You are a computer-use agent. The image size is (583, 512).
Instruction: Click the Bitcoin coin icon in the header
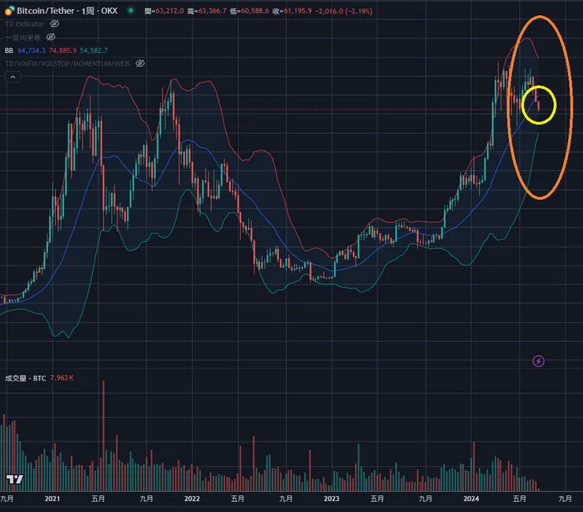point(9,12)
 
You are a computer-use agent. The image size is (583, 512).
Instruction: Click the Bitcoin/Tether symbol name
point(46,12)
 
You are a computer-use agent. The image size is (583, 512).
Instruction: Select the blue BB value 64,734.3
point(34,50)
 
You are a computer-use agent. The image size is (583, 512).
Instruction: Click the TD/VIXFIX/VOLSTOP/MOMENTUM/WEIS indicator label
point(68,63)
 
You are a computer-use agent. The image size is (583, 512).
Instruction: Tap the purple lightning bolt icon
point(539,361)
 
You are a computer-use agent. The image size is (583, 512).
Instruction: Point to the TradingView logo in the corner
point(14,479)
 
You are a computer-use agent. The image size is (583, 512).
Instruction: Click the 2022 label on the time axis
point(192,499)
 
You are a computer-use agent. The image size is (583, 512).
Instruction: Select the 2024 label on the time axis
point(471,499)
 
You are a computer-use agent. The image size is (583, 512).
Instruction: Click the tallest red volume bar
point(103,433)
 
